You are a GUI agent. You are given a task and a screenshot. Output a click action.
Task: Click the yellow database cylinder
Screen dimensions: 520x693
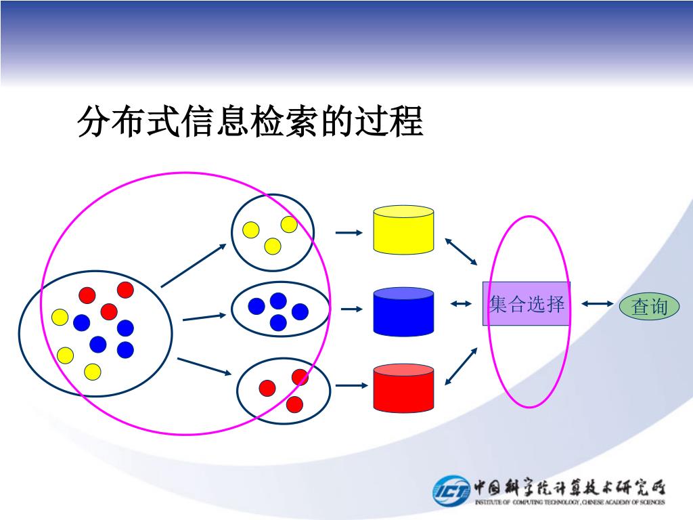coord(403,230)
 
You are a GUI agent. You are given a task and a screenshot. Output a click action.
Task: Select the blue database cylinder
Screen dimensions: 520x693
coord(403,311)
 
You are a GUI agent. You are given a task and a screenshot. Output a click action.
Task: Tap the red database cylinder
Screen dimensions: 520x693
coord(403,388)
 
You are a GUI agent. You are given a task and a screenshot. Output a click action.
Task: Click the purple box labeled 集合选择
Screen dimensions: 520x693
coord(526,304)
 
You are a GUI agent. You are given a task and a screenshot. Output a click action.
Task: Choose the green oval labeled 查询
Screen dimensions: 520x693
coord(649,307)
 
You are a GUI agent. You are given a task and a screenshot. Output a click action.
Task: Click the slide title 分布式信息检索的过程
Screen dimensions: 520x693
coord(250,122)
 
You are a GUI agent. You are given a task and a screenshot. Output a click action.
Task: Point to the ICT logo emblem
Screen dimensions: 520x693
coord(451,490)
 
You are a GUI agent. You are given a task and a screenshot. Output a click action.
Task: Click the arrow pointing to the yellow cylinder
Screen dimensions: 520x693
coord(349,233)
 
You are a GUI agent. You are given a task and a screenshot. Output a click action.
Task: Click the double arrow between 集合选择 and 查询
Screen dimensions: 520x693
coord(596,304)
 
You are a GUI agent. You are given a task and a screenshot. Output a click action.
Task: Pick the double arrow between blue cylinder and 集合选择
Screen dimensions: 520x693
coord(460,304)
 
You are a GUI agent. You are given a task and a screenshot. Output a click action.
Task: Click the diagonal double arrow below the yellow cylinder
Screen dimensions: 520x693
coord(461,251)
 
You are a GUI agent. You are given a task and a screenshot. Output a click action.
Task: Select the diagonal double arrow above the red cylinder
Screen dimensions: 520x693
coord(461,366)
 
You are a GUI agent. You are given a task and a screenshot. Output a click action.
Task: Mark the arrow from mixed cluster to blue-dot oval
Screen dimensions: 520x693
coord(204,316)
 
